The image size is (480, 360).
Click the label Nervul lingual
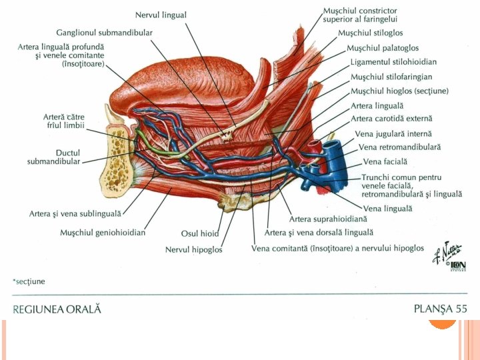point(161,15)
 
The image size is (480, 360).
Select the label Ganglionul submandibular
point(104,32)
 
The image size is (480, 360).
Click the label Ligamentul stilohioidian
point(393,62)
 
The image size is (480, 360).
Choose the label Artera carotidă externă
point(391,119)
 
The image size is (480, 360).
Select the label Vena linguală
point(388,209)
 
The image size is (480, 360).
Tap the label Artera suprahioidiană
point(327,219)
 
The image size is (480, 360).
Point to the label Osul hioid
point(200,233)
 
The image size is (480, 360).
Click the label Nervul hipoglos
point(194,250)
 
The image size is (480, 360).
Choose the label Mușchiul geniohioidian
point(103,233)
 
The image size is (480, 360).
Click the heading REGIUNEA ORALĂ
point(57,309)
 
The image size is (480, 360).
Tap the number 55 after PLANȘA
point(461,309)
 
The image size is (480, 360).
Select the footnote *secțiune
point(29,281)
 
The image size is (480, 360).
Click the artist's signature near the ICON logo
point(441,253)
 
